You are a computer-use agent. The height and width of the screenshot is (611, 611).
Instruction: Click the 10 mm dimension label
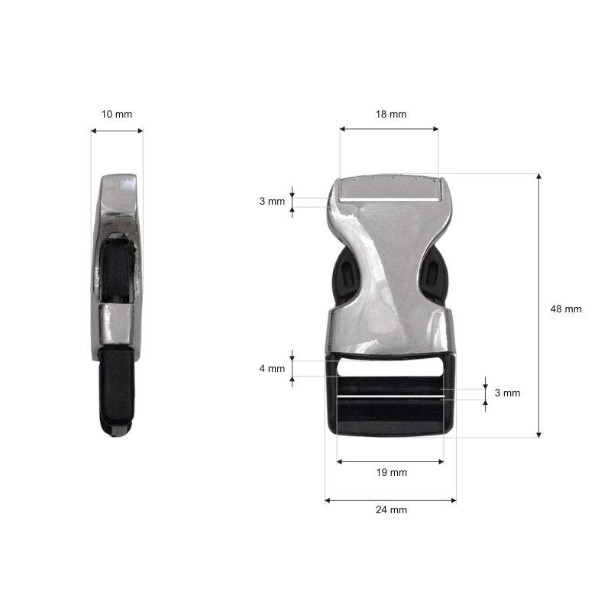pyautogui.click(x=116, y=114)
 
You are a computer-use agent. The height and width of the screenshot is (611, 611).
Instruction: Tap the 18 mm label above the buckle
pyautogui.click(x=390, y=114)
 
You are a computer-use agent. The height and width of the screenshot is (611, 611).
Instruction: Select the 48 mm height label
pyautogui.click(x=566, y=309)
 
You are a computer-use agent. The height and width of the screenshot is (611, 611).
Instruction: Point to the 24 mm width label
pyautogui.click(x=391, y=510)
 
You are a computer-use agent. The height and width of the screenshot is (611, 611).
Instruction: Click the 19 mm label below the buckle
pyautogui.click(x=391, y=472)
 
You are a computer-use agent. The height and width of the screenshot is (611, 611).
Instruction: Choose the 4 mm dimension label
pyautogui.click(x=272, y=368)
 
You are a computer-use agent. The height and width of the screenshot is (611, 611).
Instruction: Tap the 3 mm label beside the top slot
pyautogui.click(x=272, y=202)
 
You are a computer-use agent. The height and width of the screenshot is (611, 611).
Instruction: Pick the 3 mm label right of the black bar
pyautogui.click(x=507, y=393)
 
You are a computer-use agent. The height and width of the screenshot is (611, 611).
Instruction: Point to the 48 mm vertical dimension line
pyautogui.click(x=539, y=305)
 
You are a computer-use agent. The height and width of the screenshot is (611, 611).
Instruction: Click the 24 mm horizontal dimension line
pyautogui.click(x=390, y=500)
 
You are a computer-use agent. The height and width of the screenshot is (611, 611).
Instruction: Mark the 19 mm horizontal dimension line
pyautogui.click(x=390, y=461)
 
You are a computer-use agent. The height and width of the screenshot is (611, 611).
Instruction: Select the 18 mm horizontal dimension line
pyautogui.click(x=390, y=129)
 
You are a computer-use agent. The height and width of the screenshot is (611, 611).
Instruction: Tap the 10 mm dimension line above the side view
pyautogui.click(x=117, y=131)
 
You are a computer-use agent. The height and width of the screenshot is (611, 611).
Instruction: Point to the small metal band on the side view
pyautogui.click(x=117, y=322)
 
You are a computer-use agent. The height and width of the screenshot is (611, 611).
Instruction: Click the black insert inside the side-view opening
pyautogui.click(x=117, y=267)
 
